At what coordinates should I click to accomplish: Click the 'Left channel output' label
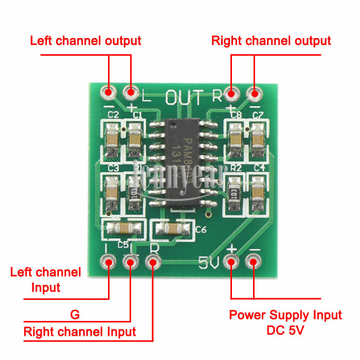(x=85, y=40)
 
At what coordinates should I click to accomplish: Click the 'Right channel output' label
(x=271, y=40)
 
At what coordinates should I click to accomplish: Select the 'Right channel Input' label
(x=80, y=332)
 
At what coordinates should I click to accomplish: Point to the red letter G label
(x=74, y=313)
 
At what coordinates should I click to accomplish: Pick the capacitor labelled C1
(x=135, y=138)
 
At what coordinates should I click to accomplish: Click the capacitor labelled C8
(x=235, y=138)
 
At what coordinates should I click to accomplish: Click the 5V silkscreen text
(x=209, y=263)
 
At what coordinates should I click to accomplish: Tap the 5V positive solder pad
(x=231, y=262)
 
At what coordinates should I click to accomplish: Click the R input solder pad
(x=153, y=262)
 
